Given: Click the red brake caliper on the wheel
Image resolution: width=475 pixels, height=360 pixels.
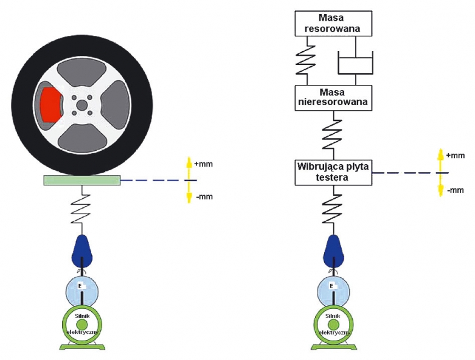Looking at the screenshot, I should click(x=49, y=104).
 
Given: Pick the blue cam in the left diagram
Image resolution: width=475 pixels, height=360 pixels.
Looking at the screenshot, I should click(x=81, y=250).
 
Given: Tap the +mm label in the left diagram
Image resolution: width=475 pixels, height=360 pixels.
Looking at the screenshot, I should click(x=204, y=164).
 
